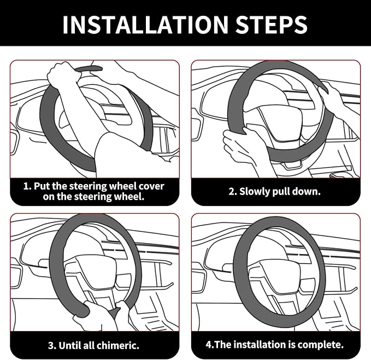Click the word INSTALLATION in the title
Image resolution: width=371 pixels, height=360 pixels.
tap(145, 25)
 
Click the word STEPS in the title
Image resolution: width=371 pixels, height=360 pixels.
tap(271, 25)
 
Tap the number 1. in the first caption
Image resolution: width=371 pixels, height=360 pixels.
tap(27, 186)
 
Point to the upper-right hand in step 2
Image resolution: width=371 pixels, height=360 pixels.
tap(330, 96)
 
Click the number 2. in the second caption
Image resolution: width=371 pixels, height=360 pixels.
tap(233, 191)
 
